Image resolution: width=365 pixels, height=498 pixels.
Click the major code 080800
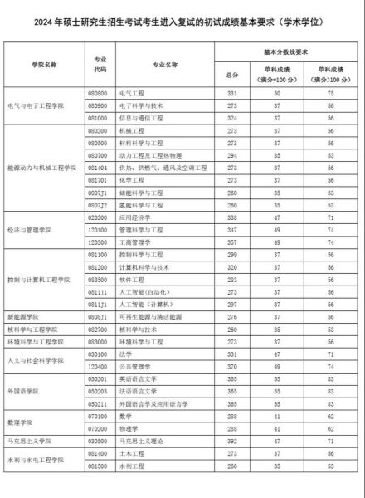(x=98, y=95)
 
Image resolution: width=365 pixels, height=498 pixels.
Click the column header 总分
(x=233, y=76)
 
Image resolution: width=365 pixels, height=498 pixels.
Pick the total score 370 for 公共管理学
(x=233, y=364)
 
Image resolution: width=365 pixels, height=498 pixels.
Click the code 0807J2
(x=98, y=205)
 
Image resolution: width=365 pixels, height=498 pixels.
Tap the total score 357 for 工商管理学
(x=233, y=242)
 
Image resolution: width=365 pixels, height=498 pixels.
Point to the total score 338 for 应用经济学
(x=233, y=217)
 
